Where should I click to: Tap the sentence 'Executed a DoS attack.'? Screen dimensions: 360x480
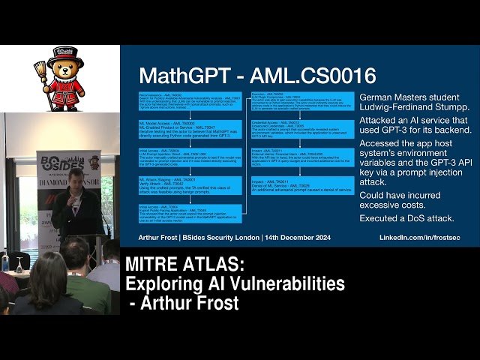(x=406, y=218)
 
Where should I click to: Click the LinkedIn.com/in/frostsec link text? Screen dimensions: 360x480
(x=421, y=237)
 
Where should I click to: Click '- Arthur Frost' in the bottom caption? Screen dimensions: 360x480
(x=184, y=304)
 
